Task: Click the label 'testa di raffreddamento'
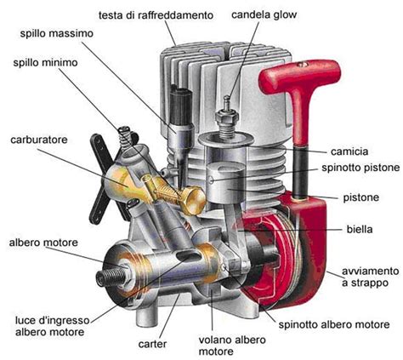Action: [156, 15]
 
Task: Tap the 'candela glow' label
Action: [264, 14]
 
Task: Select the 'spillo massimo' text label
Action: [57, 33]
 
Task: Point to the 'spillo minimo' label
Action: [45, 62]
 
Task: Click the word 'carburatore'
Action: [39, 140]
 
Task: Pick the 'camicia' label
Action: [349, 151]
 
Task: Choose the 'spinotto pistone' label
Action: [360, 168]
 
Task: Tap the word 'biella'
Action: [360, 229]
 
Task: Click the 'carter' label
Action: [152, 344]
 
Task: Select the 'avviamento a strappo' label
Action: [370, 277]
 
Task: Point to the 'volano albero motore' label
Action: [232, 346]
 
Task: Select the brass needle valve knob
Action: [193, 200]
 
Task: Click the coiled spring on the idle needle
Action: [126, 137]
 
